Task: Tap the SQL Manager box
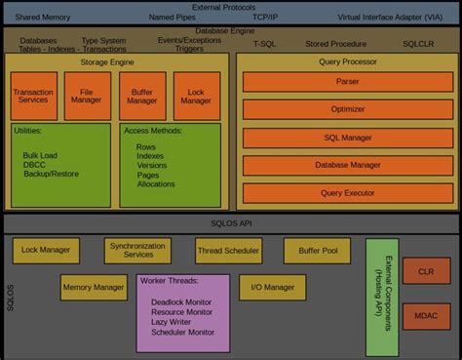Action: point(344,139)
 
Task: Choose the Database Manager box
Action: point(344,165)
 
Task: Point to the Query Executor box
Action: point(344,192)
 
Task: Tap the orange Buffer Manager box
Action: point(141,96)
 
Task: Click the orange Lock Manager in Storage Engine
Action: point(196,96)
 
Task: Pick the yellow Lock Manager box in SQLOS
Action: point(46,251)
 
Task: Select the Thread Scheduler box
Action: point(228,251)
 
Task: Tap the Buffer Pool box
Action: point(317,251)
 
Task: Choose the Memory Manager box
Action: point(94,288)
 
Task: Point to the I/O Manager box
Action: point(272,288)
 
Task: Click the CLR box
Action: point(425,272)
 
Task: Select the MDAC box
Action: point(425,318)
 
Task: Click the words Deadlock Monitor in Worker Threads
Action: point(180,301)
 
